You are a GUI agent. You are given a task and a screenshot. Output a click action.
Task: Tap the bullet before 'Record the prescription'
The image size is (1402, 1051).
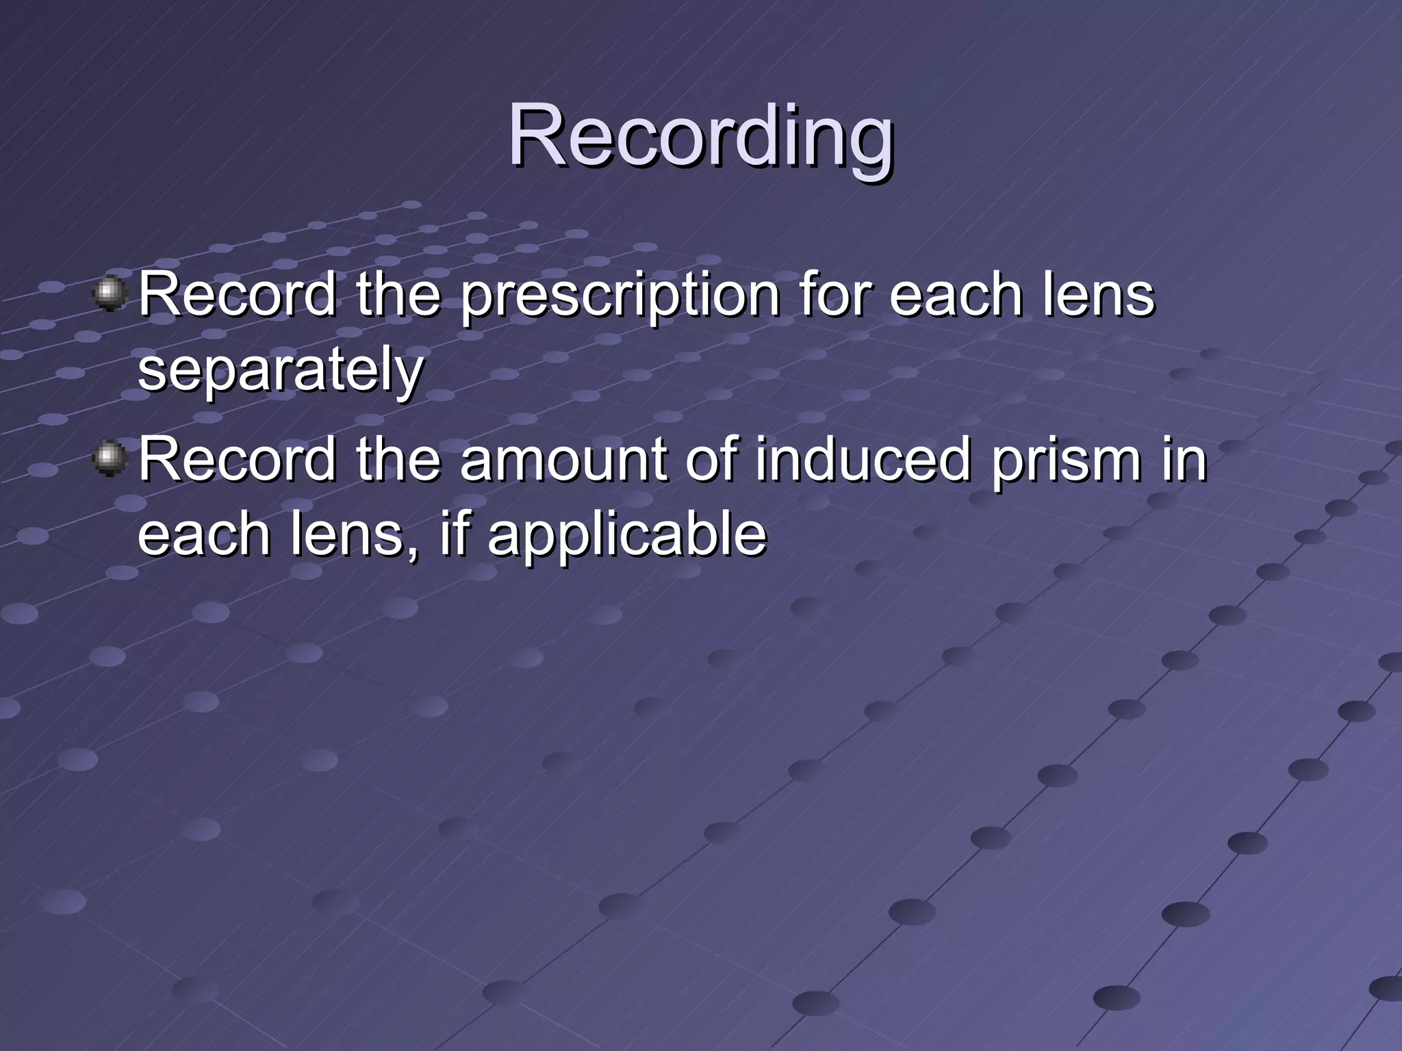[x=110, y=294]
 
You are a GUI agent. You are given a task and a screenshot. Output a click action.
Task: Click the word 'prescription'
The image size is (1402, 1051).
[x=620, y=297]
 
